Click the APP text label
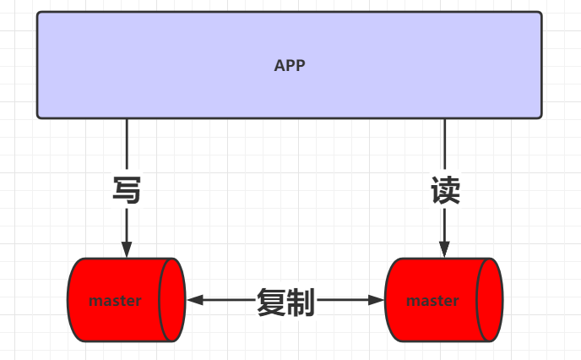[x=289, y=65]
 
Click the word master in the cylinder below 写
[x=115, y=300]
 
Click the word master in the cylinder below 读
[x=432, y=300]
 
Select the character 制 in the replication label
[x=301, y=302]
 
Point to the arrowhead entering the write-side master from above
[x=127, y=249]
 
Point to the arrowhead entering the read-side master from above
[x=445, y=249]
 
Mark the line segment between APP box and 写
[x=127, y=145]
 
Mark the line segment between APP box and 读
[x=445, y=145]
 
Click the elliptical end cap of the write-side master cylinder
[x=172, y=300]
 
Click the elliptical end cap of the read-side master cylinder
[x=490, y=300]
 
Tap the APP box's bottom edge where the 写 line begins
[x=127, y=118]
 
